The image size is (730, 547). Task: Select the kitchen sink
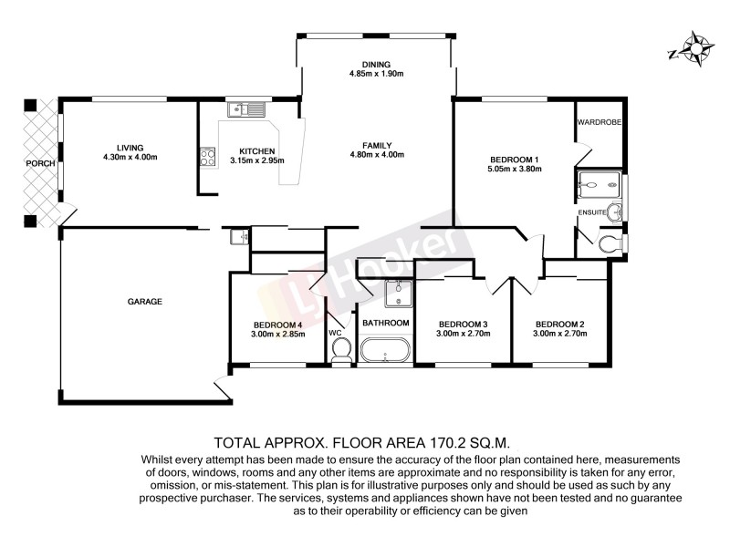pyautogui.click(x=246, y=110)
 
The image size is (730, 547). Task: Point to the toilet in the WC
pyautogui.click(x=341, y=352)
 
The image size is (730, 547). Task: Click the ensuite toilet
pyautogui.click(x=611, y=243)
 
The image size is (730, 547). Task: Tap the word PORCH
pyautogui.click(x=39, y=164)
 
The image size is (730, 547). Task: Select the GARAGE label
pyautogui.click(x=144, y=301)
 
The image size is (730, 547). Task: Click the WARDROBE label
pyautogui.click(x=599, y=119)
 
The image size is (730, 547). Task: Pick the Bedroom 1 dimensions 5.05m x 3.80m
pyautogui.click(x=516, y=169)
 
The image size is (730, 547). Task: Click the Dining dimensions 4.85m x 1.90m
pyautogui.click(x=376, y=74)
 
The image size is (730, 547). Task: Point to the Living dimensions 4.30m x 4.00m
pyautogui.click(x=130, y=157)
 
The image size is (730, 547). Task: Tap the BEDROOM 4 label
pyautogui.click(x=276, y=325)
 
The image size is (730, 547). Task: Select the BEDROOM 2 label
pyautogui.click(x=559, y=324)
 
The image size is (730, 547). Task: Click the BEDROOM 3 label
pyautogui.click(x=464, y=324)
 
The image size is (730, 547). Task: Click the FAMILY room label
pyautogui.click(x=377, y=145)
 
